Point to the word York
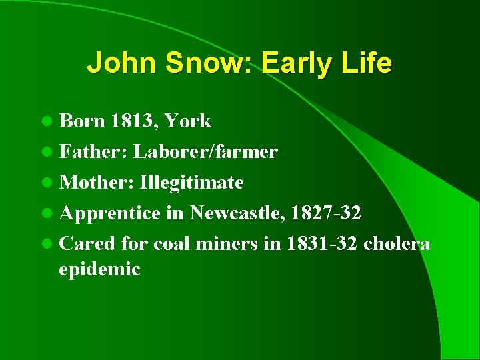pyautogui.click(x=187, y=121)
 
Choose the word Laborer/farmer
pyautogui.click(x=205, y=151)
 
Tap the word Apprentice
pyautogui.click(x=110, y=213)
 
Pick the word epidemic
pyautogui.click(x=100, y=269)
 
